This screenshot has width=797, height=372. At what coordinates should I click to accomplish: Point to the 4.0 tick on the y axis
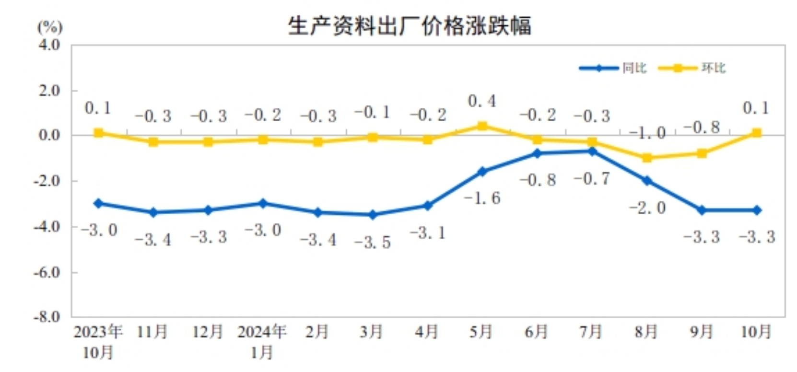[49, 45]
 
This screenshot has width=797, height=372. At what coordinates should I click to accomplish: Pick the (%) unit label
[50, 27]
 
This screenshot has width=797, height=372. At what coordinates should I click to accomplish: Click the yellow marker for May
[482, 126]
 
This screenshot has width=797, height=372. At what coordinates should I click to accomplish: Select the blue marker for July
[592, 151]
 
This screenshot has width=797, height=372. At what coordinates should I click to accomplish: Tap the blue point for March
[373, 215]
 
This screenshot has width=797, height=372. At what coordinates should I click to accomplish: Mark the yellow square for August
[647, 158]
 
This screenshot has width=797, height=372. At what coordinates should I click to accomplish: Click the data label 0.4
[482, 101]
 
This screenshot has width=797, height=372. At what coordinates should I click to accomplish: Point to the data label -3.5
[373, 243]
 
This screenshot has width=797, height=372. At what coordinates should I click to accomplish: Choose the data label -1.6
[482, 198]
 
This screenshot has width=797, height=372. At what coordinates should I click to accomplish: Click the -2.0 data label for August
[647, 208]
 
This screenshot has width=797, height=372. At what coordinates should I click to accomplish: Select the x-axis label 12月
[208, 332]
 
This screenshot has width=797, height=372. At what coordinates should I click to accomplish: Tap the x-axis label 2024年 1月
[262, 341]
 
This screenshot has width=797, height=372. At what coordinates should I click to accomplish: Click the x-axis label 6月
[537, 332]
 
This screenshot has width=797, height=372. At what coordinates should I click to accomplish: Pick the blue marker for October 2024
[757, 210]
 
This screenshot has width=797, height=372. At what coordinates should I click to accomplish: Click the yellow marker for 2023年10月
[98, 133]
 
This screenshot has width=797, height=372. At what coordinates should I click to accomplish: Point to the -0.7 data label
[592, 179]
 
